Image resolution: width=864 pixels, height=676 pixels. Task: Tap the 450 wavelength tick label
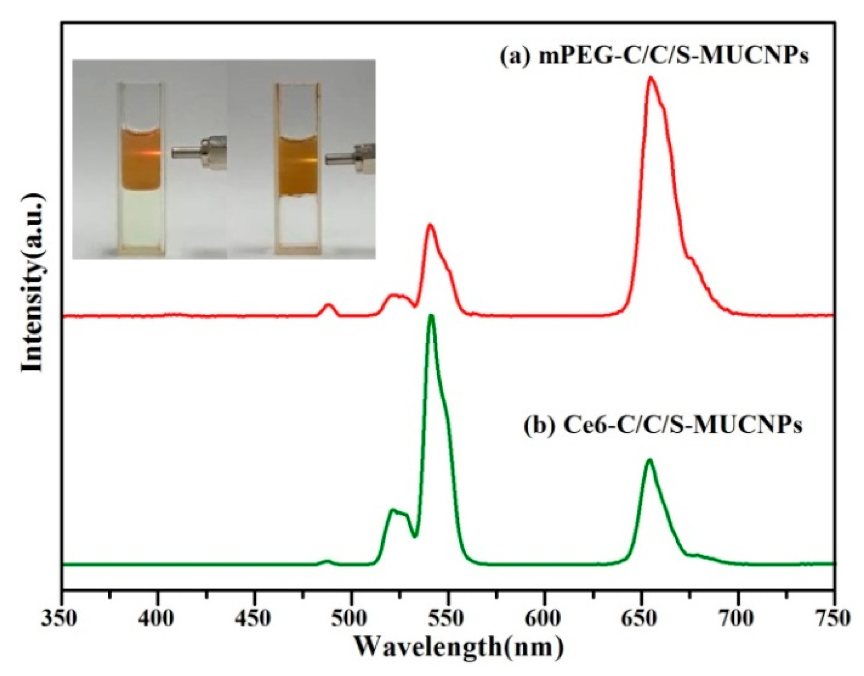coord(254,618)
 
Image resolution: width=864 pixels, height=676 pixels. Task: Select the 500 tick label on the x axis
coord(351,618)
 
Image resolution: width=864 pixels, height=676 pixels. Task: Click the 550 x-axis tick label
coord(448,618)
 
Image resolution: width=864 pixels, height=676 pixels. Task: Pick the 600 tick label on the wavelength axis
coord(545,618)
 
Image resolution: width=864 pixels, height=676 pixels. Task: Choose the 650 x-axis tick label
coord(642,618)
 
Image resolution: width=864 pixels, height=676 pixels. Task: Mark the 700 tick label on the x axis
coord(738,618)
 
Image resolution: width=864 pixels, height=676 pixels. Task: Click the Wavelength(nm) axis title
coord(459,646)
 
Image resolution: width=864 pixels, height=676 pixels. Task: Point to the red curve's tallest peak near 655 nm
coord(651,78)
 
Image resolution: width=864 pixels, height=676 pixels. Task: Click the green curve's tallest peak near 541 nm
coord(431,316)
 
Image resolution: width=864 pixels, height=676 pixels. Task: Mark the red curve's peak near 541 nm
coord(430,225)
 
